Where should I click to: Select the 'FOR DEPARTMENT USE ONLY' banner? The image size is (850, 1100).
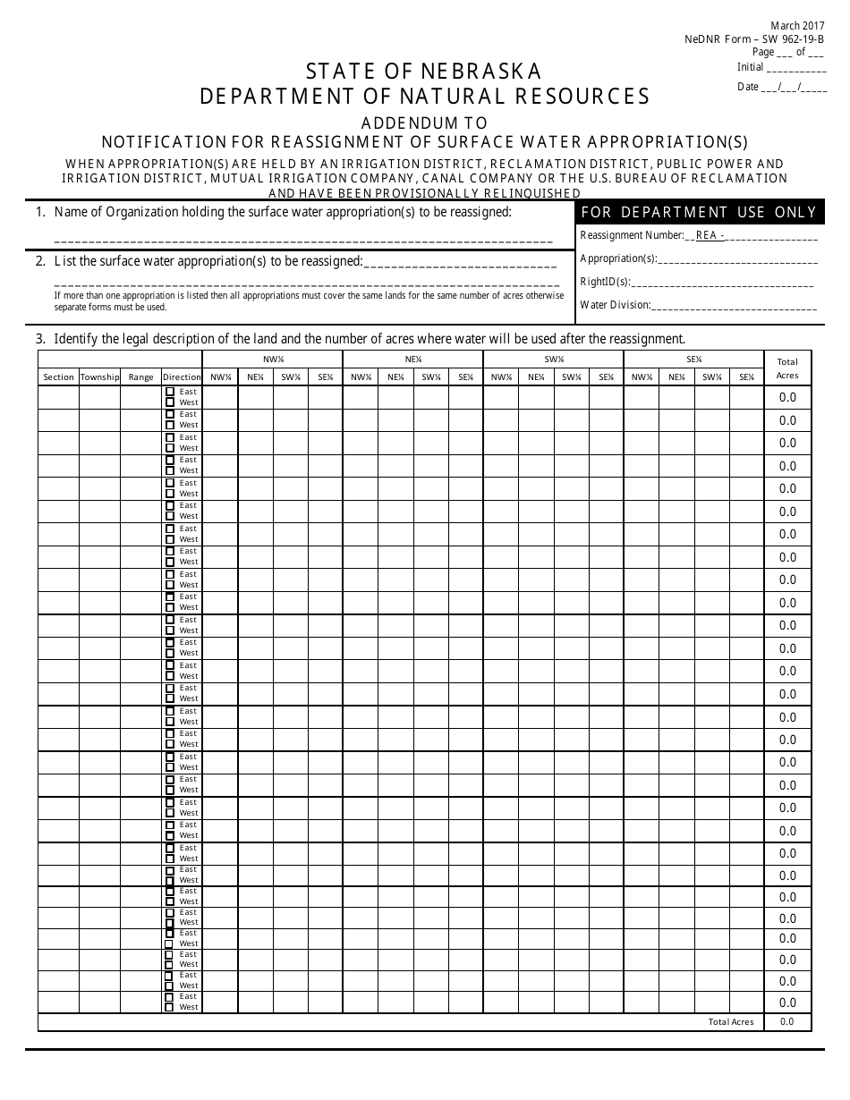pyautogui.click(x=699, y=212)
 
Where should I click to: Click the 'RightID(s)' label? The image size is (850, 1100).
pyautogui.click(x=605, y=282)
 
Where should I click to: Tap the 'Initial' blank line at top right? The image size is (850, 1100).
pyautogui.click(x=796, y=69)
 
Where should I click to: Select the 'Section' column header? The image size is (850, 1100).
pyautogui.click(x=58, y=377)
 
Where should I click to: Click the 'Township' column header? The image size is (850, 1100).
pyautogui.click(x=99, y=377)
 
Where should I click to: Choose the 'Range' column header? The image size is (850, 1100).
pyautogui.click(x=140, y=377)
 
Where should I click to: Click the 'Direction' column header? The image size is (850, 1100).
pyautogui.click(x=182, y=377)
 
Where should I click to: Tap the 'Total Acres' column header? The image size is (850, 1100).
pyautogui.click(x=787, y=368)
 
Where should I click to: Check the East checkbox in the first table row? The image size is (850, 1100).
pyautogui.click(x=170, y=392)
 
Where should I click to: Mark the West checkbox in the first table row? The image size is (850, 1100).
pyautogui.click(x=170, y=402)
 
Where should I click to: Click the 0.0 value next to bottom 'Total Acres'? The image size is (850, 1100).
pyautogui.click(x=787, y=1021)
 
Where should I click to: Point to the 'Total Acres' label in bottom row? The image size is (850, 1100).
pyautogui.click(x=731, y=1021)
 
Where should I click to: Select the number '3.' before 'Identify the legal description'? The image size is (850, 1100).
pyautogui.click(x=40, y=339)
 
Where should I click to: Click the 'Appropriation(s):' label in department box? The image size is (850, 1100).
pyautogui.click(x=618, y=259)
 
